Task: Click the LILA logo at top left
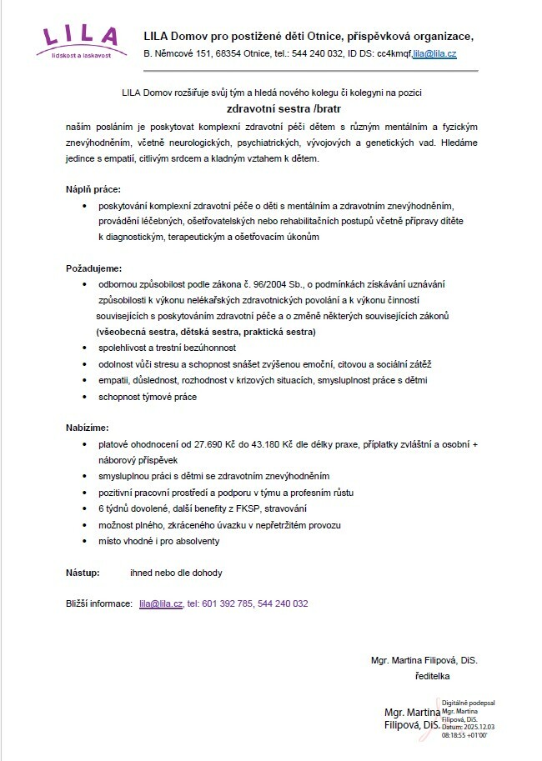coord(82,40)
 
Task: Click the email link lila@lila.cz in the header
coord(435,53)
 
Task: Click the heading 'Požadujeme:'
coord(93,268)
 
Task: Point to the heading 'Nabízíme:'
coord(88,427)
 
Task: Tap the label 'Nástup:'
coord(83,573)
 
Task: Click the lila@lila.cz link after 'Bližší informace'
coord(161,603)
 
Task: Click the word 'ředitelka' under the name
coord(432,675)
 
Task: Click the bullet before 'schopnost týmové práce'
coord(86,396)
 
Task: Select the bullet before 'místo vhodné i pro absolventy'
coord(86,541)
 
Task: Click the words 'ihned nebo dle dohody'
coord(176,573)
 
